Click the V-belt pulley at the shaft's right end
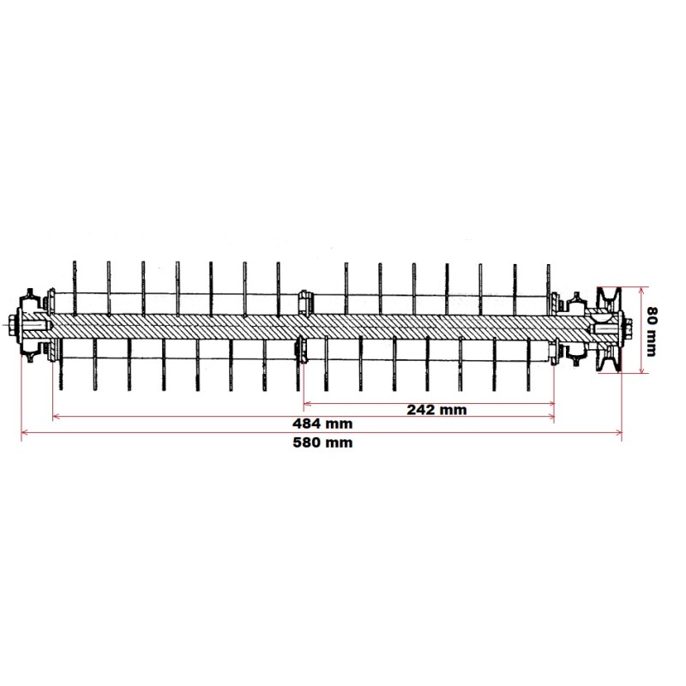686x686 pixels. coord(607,328)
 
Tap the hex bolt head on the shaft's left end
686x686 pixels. coord(12,327)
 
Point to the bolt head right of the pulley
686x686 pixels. coord(629,327)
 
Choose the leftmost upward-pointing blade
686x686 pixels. coord(75,283)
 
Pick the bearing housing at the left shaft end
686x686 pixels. coord(33,327)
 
